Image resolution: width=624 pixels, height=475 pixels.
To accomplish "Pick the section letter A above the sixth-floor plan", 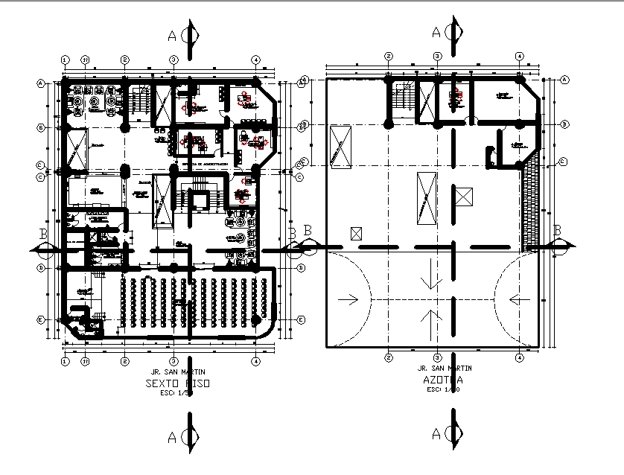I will point(173,35).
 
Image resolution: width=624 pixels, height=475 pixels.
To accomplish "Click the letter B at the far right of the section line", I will point(556,230).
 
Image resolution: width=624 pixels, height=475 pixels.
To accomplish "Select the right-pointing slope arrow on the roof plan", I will point(348,299).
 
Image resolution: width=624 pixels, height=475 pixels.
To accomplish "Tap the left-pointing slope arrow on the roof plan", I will point(519,299).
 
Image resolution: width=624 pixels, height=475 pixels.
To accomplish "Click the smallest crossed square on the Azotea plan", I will point(356,233).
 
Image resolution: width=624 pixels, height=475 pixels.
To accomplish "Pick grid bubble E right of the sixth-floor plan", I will point(301,319).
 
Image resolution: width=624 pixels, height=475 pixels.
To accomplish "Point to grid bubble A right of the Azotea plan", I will point(565,80).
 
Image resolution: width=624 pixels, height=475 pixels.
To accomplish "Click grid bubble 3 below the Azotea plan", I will point(438,358).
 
